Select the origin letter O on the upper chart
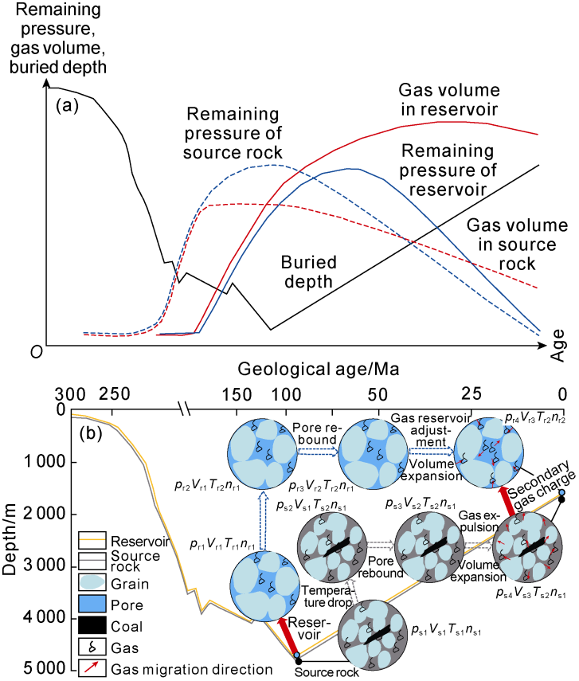pyautogui.click(x=35, y=351)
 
